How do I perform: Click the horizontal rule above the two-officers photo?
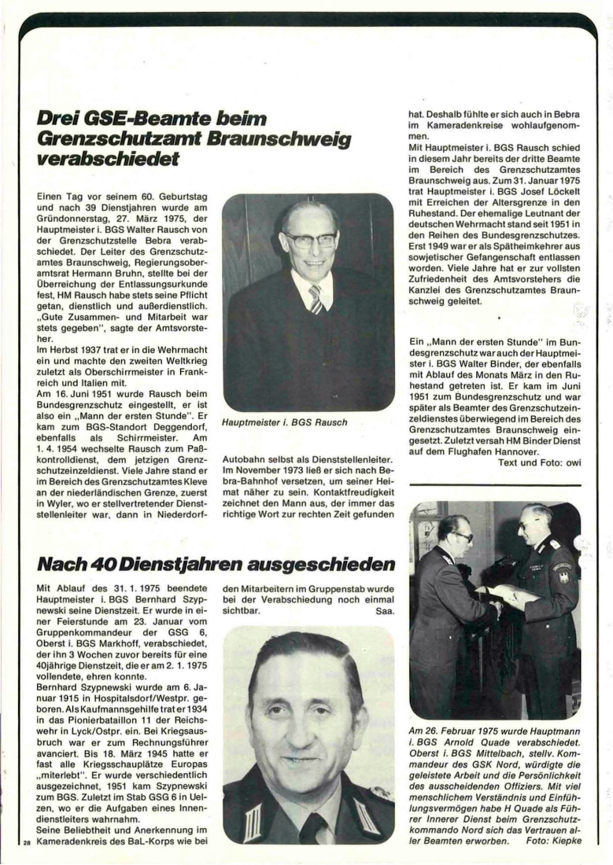(x=497, y=485)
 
